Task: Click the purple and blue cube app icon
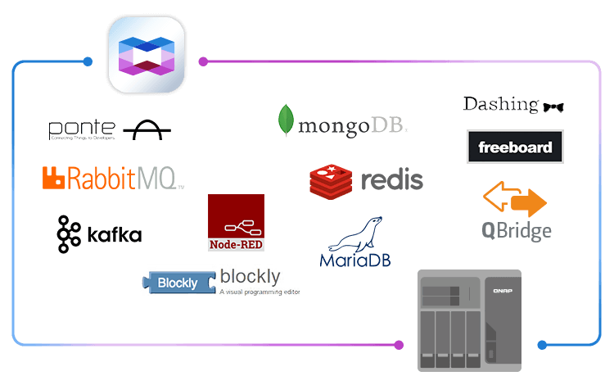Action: pos(147,55)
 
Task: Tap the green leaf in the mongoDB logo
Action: pos(286,120)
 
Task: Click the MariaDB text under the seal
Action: pos(355,260)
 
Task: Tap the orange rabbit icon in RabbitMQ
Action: pos(54,178)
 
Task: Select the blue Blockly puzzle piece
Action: pos(178,283)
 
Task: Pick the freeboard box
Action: pos(515,147)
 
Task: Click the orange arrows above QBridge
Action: pos(514,201)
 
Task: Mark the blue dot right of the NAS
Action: pos(541,345)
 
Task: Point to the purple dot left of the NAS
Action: pos(399,345)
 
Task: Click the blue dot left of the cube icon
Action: pos(88,61)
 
